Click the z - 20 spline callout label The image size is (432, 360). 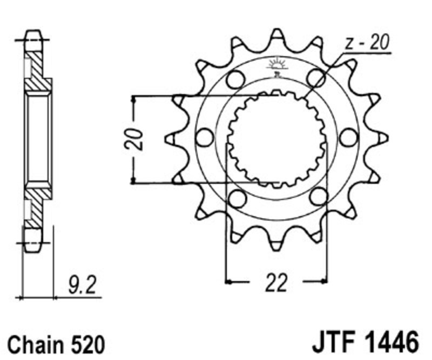point(367,42)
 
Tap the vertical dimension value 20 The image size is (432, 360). point(134,139)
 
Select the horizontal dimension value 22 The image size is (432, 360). point(276,283)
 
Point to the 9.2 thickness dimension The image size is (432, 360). point(82,285)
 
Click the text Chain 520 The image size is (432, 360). point(57,344)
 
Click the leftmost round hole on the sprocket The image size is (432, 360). point(205,137)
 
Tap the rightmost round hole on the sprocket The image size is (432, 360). point(348,137)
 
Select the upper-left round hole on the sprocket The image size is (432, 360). point(236,79)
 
